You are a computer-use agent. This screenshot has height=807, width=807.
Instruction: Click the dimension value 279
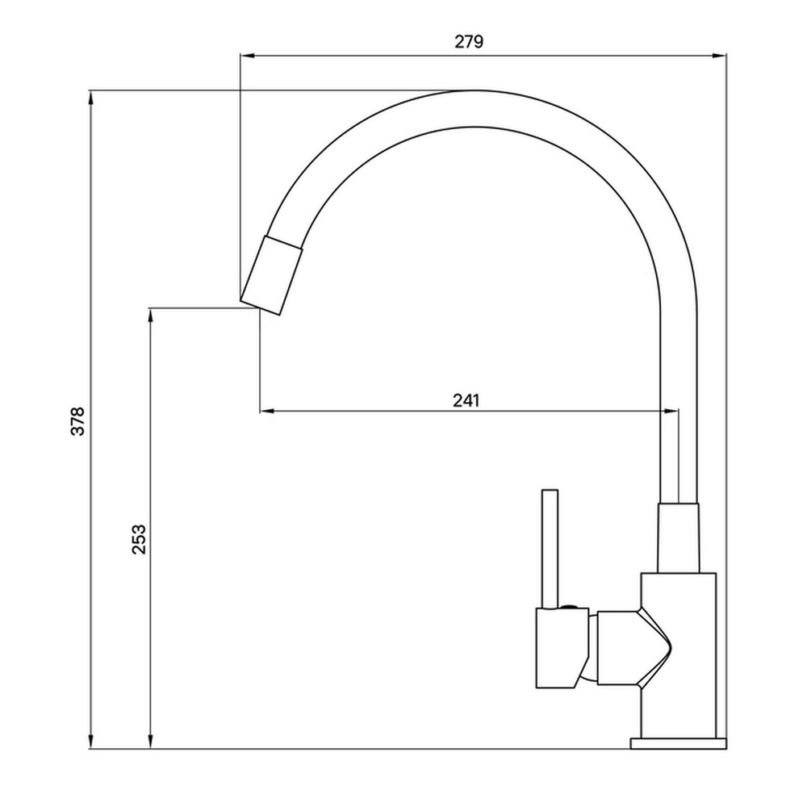469,43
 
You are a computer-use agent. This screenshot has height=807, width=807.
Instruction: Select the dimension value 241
466,399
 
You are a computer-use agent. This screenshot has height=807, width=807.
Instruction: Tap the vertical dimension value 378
77,420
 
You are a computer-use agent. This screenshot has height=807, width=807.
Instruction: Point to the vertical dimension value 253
139,538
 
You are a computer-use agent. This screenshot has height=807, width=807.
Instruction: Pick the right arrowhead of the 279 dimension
720,56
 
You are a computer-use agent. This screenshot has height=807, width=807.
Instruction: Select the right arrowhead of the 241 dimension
671,412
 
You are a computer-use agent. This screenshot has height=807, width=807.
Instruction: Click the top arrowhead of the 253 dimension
151,315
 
